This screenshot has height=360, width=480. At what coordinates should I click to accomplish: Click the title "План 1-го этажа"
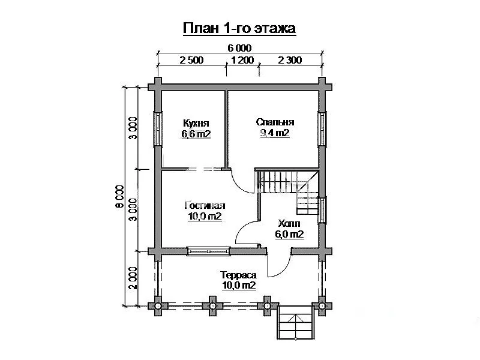pyautogui.click(x=239, y=28)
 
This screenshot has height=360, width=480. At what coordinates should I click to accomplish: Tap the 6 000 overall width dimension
pyautogui.click(x=239, y=48)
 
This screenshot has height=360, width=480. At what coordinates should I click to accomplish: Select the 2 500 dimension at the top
pyautogui.click(x=191, y=60)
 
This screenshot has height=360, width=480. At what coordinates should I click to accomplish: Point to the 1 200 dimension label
pyautogui.click(x=242, y=60)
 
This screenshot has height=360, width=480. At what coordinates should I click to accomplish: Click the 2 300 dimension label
pyautogui.click(x=290, y=60)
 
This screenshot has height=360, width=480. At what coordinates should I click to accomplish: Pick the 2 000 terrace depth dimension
pyautogui.click(x=133, y=278)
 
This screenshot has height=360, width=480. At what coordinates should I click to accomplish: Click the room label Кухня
pyautogui.click(x=196, y=123)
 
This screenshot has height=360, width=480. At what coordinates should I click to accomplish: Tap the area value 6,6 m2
pyautogui.click(x=196, y=134)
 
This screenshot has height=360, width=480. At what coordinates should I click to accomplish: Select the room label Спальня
pyautogui.click(x=275, y=122)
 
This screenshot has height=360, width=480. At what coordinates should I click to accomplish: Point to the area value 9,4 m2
pyautogui.click(x=275, y=133)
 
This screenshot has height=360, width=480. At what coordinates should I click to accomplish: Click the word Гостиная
pyautogui.click(x=205, y=205)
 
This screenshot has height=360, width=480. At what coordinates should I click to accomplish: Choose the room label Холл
pyautogui.click(x=289, y=223)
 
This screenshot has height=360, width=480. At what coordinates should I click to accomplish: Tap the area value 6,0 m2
pyautogui.click(x=289, y=235)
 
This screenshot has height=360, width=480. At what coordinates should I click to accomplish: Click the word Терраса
pyautogui.click(x=238, y=275)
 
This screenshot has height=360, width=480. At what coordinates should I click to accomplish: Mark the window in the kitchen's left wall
pyautogui.click(x=158, y=129)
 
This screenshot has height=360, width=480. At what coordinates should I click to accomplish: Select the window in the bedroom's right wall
pyautogui.click(x=322, y=129)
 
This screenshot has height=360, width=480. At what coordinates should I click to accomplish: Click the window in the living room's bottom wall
pyautogui.click(x=209, y=251)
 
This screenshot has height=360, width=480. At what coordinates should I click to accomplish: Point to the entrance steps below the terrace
pyautogui.click(x=296, y=323)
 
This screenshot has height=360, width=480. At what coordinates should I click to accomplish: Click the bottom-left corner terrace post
pyautogui.click(x=158, y=306)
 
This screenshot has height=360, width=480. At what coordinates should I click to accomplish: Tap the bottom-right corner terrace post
pyautogui.click(x=322, y=306)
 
